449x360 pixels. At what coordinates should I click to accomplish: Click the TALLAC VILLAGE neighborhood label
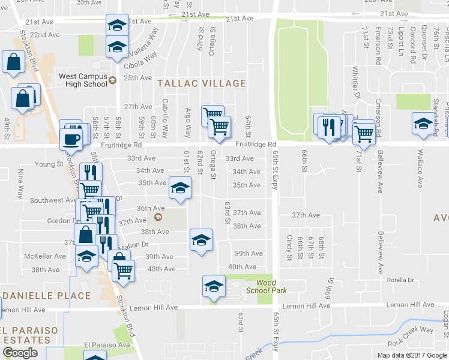[201, 83]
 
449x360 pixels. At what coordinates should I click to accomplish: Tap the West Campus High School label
[83, 80]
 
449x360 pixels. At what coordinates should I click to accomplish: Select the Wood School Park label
[271, 286]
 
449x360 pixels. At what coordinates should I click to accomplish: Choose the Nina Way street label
[21, 192]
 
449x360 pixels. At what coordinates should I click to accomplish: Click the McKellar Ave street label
[44, 256]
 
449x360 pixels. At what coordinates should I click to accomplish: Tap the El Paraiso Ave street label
[107, 345]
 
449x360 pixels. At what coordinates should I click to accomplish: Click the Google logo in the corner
[20, 353]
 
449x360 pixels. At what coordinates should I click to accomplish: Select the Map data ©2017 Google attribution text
[412, 355]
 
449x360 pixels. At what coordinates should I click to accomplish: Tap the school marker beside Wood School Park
[213, 287]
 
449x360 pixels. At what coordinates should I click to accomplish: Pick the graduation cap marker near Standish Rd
[423, 124]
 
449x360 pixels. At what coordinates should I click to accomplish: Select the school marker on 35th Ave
[179, 188]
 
